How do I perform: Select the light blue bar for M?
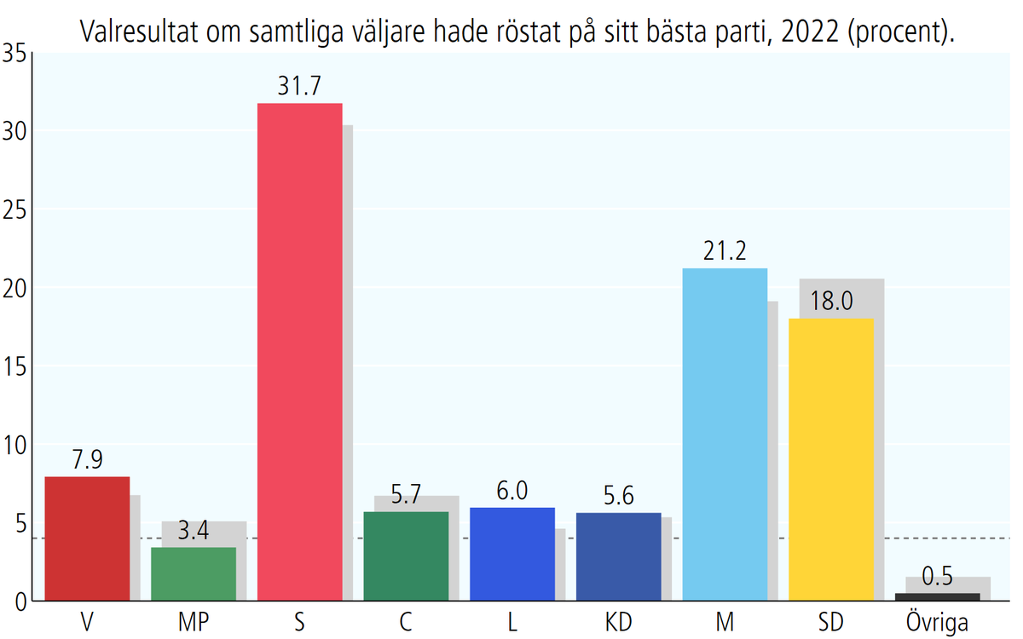725,435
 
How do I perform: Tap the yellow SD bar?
831,459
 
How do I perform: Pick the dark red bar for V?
86,538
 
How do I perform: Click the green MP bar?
194,574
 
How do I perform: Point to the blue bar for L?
512,554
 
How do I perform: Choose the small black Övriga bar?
938,596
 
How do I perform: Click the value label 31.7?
299,87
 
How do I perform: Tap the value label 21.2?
725,252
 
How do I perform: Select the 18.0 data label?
831,302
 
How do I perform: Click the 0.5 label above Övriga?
938,578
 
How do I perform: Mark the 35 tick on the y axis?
15,53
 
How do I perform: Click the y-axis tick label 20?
15,288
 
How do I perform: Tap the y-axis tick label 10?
15,445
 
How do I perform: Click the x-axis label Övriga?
938,622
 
